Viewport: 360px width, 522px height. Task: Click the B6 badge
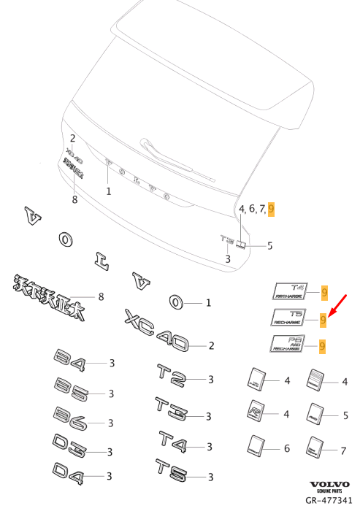coord(70,420)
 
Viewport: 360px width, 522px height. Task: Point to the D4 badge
coord(70,474)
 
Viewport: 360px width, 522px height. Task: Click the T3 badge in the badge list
coord(171,410)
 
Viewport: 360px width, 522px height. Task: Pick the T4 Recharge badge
coord(291,291)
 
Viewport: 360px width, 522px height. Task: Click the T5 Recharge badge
coord(291,317)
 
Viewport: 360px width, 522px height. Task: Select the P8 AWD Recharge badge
coord(289,344)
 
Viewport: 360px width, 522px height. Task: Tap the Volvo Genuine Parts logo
coord(330,488)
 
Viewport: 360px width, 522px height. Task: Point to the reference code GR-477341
coord(329,502)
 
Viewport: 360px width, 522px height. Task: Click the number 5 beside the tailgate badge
coord(269,245)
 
